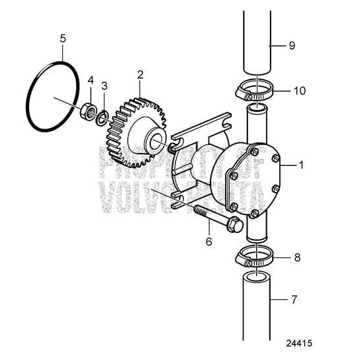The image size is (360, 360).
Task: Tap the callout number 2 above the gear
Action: click(140, 75)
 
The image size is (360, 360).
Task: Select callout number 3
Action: click(104, 86)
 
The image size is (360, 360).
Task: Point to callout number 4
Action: click(91, 80)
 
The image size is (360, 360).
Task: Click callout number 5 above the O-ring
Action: click(63, 38)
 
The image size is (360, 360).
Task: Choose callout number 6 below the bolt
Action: click(208, 242)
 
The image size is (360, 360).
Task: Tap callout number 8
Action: click(296, 257)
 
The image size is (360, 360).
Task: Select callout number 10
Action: click(299, 91)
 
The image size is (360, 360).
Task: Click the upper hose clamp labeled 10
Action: click(253, 91)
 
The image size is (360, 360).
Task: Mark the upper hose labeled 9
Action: click(255, 43)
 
